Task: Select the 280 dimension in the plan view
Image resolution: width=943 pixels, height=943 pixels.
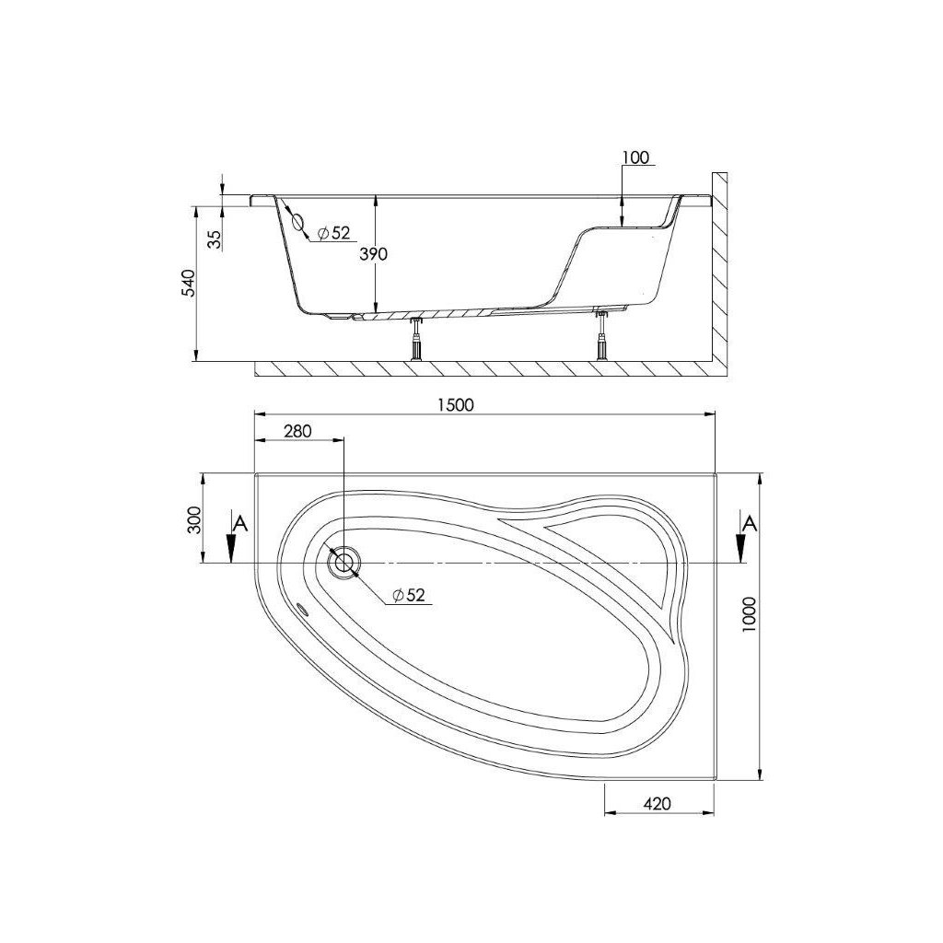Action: point(298,431)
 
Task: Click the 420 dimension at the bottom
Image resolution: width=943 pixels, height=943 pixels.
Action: point(658,803)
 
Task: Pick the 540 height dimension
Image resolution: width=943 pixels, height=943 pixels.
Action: point(187,284)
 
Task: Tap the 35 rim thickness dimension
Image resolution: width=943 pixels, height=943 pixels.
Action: point(214,239)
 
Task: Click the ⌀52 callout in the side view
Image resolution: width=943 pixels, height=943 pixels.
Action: point(333,234)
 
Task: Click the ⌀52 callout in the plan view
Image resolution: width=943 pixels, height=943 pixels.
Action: point(408,596)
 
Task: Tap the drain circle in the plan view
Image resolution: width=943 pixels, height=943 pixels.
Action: point(344,562)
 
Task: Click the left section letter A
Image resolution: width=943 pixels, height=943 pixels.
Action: point(240,524)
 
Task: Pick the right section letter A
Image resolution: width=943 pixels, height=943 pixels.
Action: point(751,524)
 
